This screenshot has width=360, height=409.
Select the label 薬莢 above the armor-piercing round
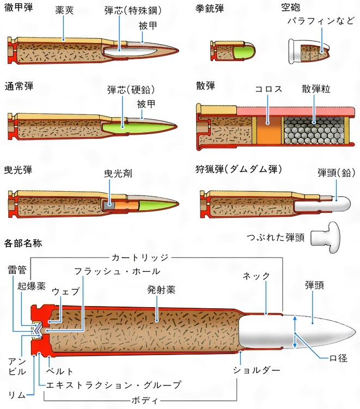(64, 10)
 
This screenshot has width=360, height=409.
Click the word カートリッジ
(141, 257)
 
